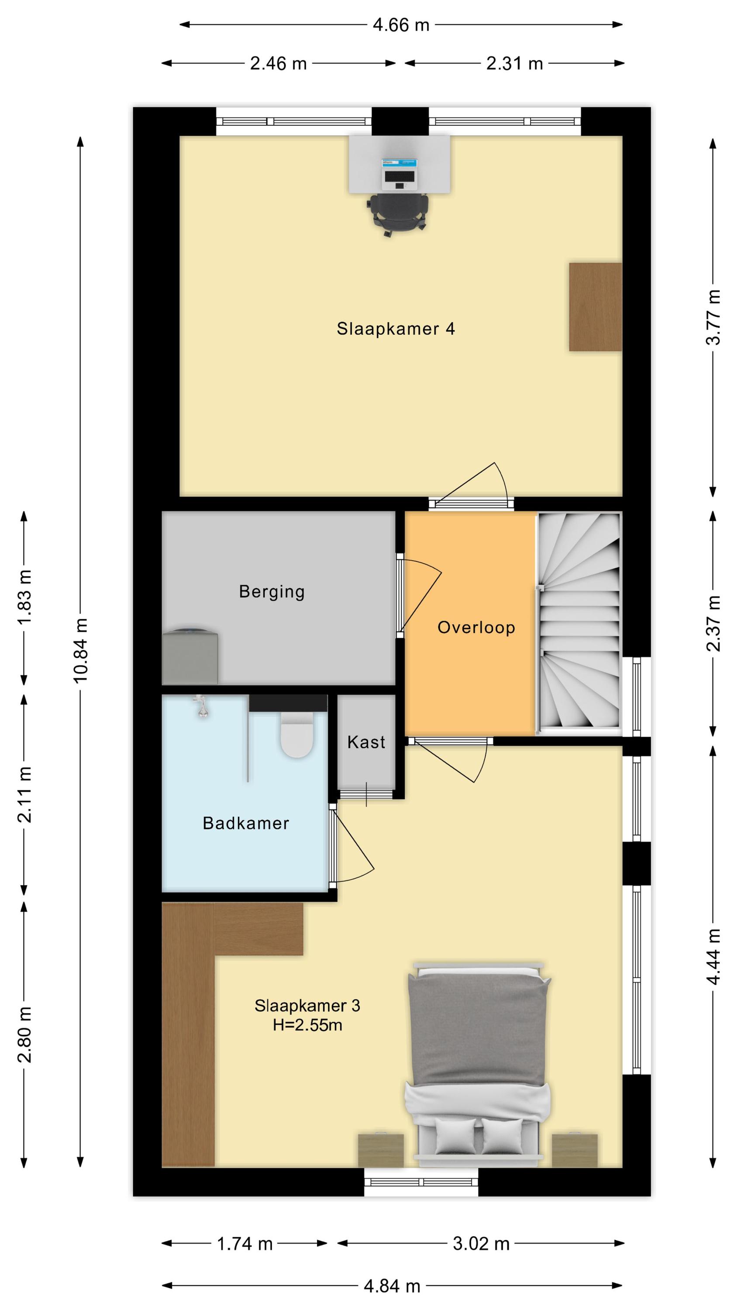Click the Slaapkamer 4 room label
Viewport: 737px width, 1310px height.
point(395,328)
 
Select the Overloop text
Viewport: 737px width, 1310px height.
point(476,627)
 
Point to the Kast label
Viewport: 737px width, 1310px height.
point(366,742)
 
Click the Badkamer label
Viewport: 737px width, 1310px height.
point(246,823)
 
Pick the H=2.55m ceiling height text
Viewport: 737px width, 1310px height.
point(307,1025)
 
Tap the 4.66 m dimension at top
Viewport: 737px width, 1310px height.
point(401,25)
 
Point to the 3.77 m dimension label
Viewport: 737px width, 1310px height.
point(713,317)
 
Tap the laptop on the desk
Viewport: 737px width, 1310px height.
point(399,173)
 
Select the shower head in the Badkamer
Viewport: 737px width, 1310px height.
point(203,707)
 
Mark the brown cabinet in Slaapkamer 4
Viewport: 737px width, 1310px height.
point(595,307)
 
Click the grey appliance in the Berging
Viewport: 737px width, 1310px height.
point(190,657)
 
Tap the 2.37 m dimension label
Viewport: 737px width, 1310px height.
point(713,624)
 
